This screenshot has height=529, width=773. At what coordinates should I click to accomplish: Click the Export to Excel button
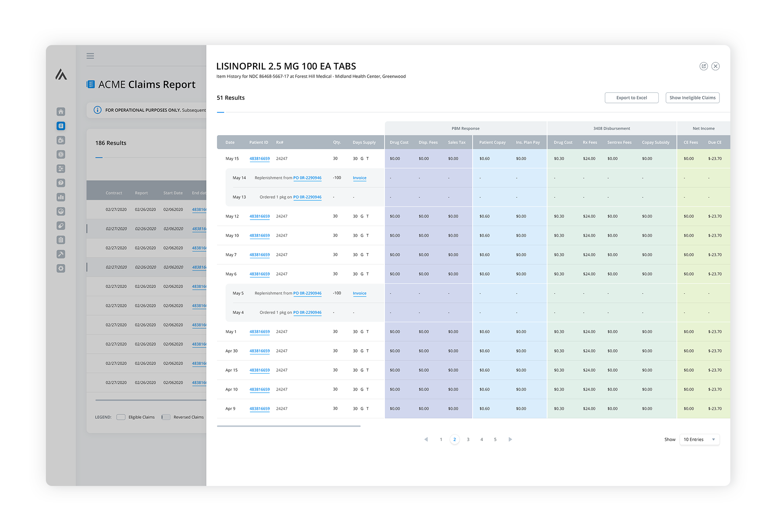[x=631, y=98]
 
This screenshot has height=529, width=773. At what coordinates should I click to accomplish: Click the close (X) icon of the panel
[x=715, y=66]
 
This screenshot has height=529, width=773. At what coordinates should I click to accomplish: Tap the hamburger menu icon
[x=90, y=56]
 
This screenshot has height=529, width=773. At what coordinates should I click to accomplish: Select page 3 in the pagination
[x=468, y=439]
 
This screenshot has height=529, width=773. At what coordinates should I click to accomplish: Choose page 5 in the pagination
[x=495, y=439]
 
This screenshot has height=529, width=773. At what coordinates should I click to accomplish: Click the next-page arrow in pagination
[x=510, y=439]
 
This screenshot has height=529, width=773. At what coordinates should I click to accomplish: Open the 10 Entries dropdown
[x=699, y=439]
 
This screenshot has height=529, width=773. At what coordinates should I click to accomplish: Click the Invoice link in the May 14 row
[x=360, y=178]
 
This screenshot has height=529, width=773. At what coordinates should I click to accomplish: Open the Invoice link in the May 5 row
[x=360, y=293]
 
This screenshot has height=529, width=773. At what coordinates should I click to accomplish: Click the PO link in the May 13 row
[x=307, y=197]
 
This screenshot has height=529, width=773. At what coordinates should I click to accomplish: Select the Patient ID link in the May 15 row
[x=260, y=158]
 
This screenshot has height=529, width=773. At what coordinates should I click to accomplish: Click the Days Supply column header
[x=364, y=142]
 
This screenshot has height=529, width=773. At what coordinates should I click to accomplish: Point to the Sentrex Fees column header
[x=619, y=142]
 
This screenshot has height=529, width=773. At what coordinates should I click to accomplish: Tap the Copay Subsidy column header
[x=655, y=142]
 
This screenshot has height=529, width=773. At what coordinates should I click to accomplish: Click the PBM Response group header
[x=465, y=128]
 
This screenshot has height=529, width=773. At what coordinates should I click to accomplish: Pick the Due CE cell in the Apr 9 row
[x=715, y=409]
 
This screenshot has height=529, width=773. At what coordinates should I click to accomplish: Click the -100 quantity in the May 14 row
[x=337, y=178]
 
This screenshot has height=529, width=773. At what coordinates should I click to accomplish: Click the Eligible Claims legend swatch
[x=121, y=417]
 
